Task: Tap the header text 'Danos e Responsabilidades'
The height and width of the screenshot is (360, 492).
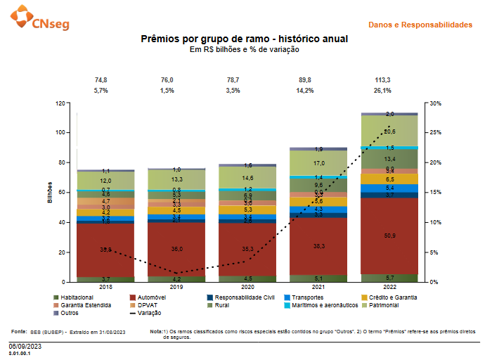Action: coord(420,25)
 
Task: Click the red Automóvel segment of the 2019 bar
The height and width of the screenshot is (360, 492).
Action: coord(176,249)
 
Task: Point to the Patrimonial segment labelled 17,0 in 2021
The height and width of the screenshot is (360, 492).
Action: coord(318,163)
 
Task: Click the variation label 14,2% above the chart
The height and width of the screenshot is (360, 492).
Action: coord(318,91)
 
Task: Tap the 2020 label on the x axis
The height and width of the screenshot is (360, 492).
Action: coord(247,288)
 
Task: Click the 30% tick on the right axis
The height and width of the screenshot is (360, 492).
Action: coord(436,103)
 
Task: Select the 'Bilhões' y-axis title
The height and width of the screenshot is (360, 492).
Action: coord(50,191)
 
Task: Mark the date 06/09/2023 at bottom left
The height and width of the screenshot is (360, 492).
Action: coord(25,347)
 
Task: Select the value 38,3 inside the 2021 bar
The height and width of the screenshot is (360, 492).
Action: coord(318,246)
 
